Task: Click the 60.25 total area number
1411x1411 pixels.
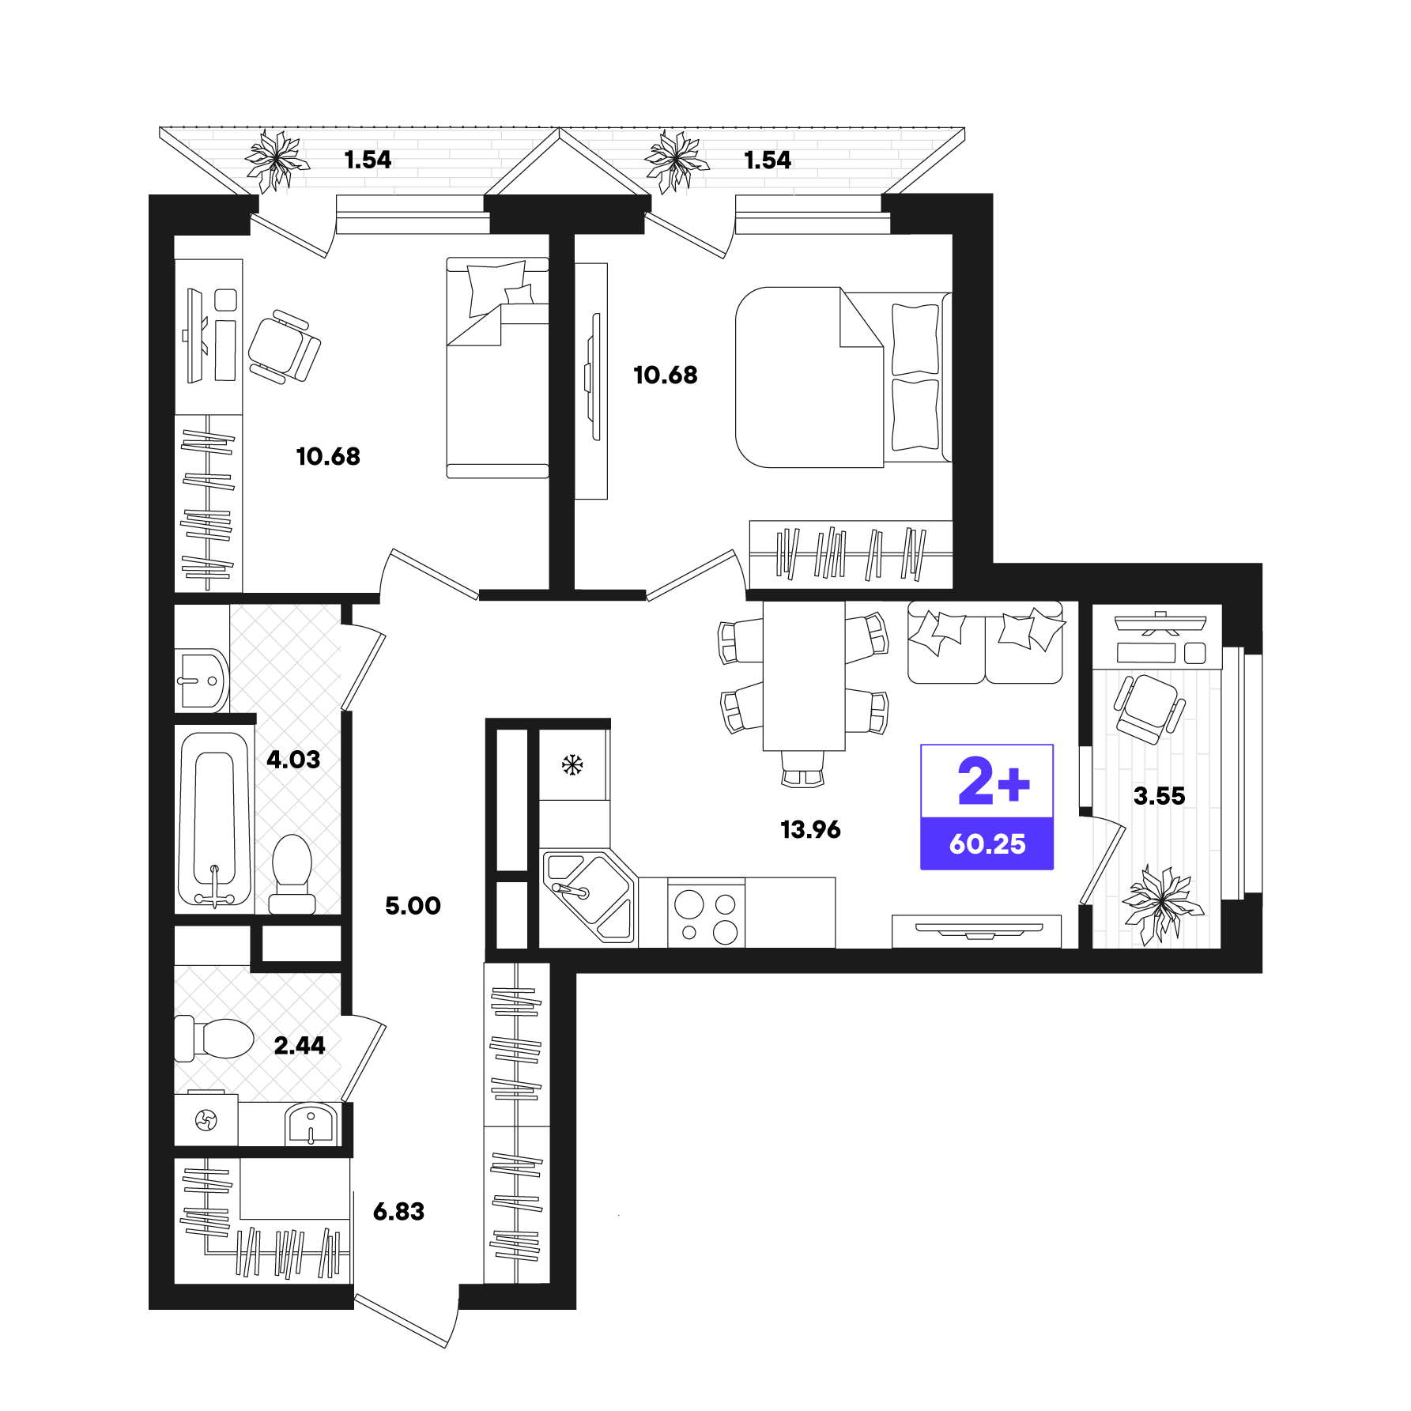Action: [x=987, y=844]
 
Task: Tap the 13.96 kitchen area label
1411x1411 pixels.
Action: [x=810, y=829]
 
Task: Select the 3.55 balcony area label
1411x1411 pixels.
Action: [x=1159, y=796]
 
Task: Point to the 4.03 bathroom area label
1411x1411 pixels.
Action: [x=293, y=760]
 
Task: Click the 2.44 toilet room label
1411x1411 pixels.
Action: [x=300, y=1046]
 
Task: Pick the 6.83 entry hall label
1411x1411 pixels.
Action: [x=398, y=1211]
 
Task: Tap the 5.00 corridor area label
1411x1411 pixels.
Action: [x=413, y=906]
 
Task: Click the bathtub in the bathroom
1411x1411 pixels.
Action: [x=214, y=818]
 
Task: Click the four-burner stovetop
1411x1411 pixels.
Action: [x=706, y=917]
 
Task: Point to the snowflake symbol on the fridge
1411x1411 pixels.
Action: [x=572, y=764]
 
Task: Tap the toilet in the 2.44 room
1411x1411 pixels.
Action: [x=217, y=1038]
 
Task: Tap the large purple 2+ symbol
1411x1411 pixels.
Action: [x=993, y=782]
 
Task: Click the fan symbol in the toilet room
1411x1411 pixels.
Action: [x=206, y=1120]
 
